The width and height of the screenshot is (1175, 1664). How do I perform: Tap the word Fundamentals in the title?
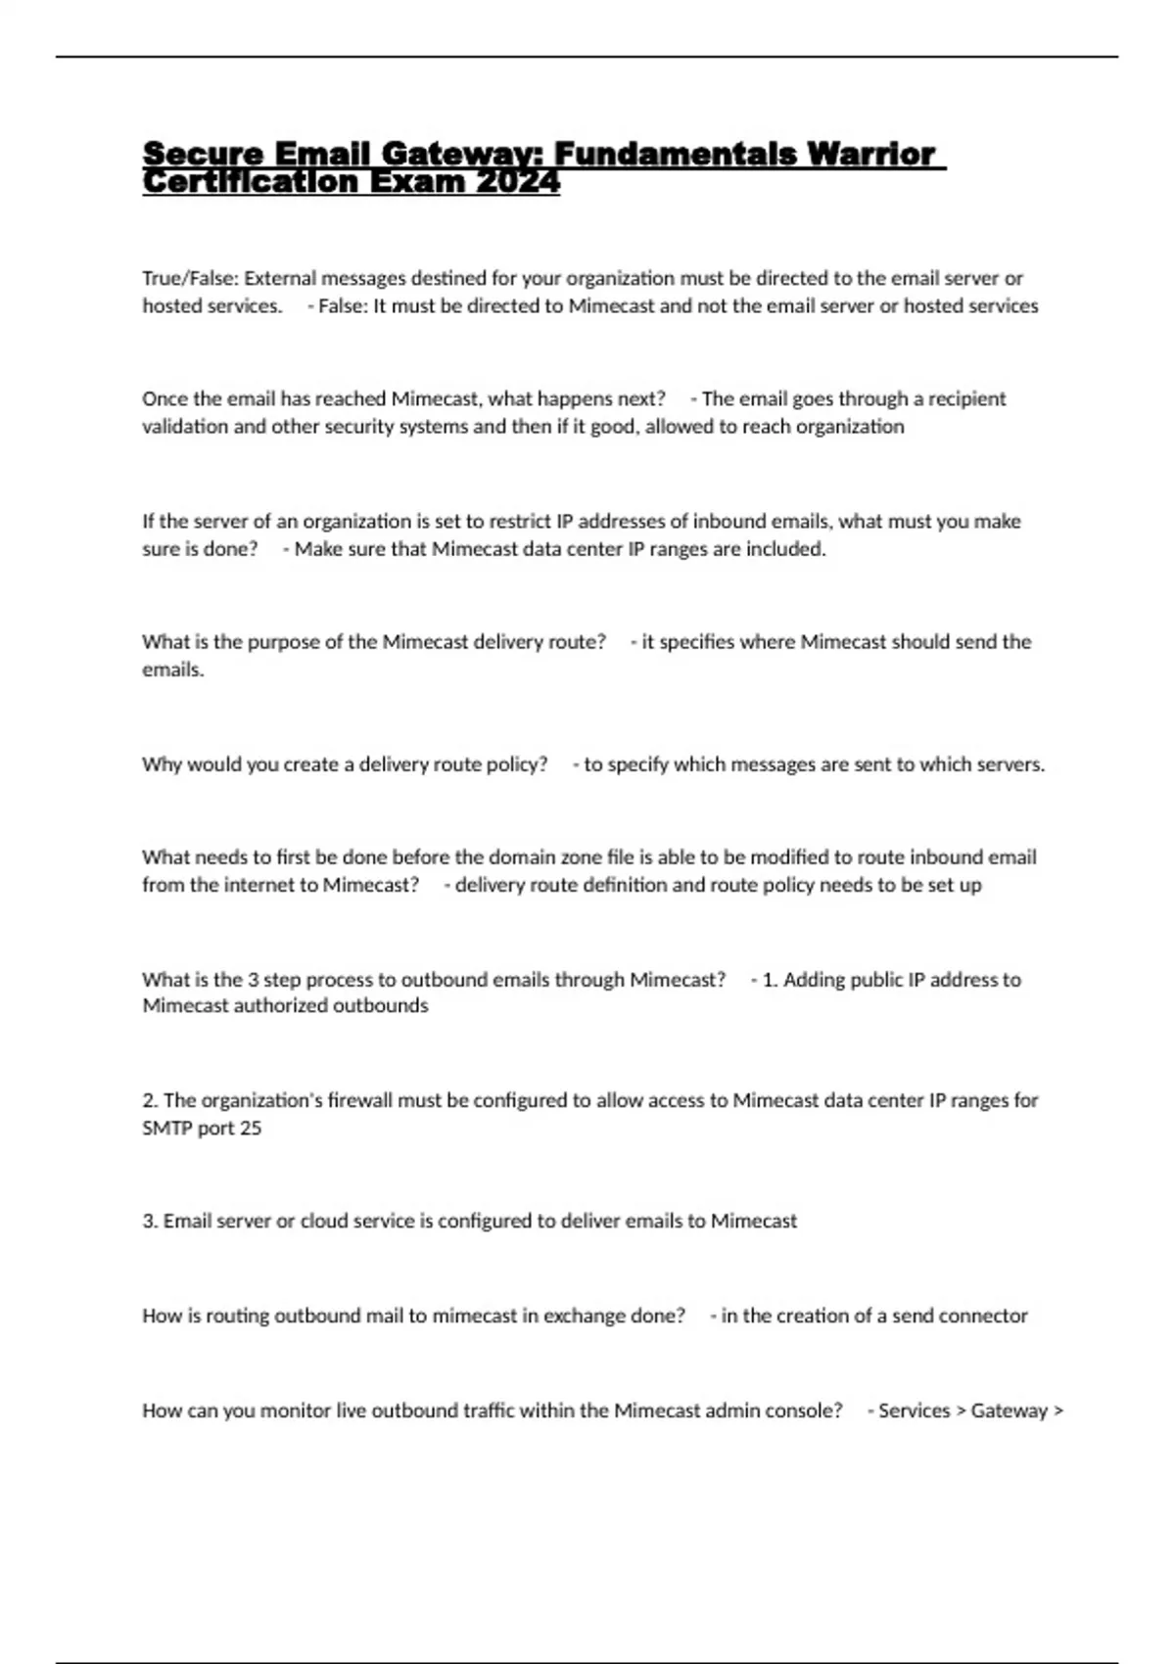click(676, 154)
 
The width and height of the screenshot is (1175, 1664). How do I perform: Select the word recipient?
click(966, 398)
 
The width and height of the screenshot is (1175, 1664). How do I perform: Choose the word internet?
click(248, 885)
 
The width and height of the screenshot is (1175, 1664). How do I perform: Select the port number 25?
click(251, 1129)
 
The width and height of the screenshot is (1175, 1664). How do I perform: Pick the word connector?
click(983, 1317)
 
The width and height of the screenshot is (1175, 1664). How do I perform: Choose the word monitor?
click(295, 1410)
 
